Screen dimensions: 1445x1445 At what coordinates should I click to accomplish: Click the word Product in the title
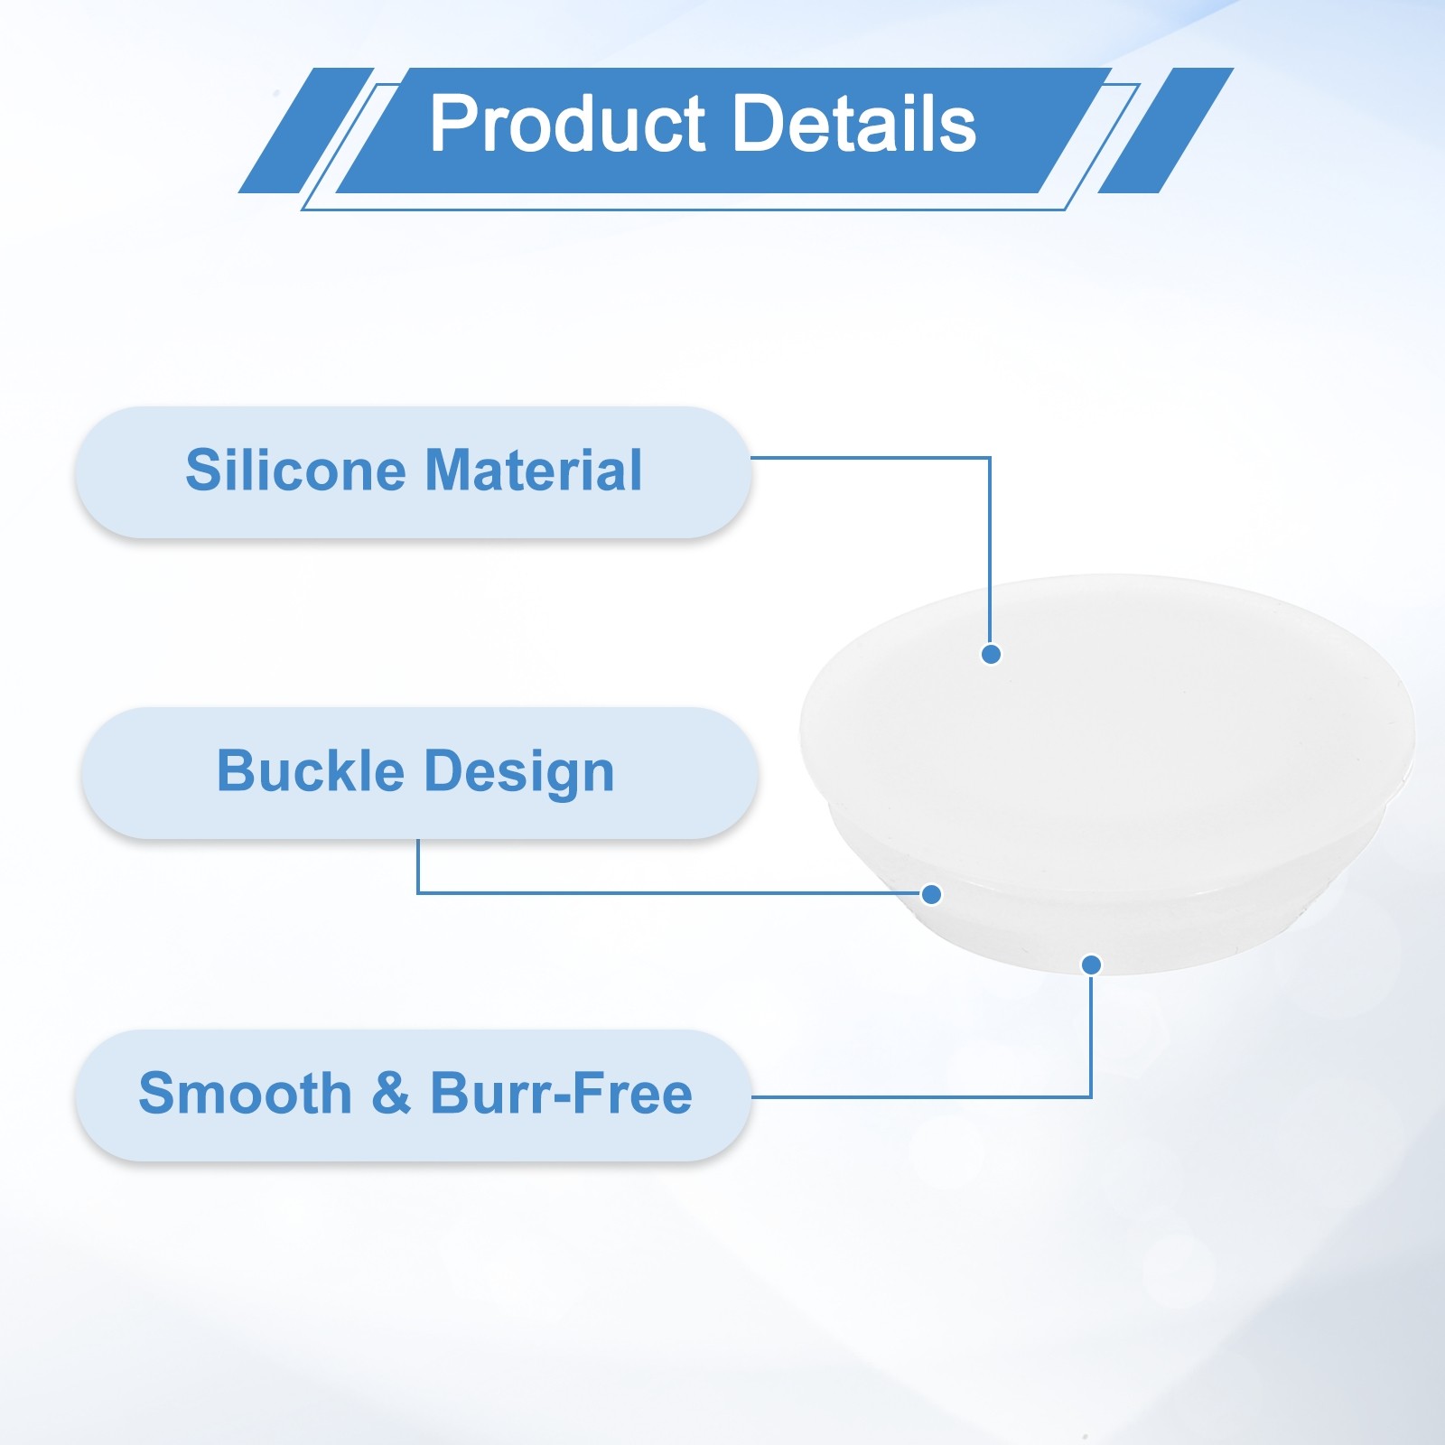coord(567,124)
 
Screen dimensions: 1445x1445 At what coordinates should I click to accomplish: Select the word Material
coord(534,470)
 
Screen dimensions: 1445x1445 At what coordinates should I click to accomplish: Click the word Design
coord(519,773)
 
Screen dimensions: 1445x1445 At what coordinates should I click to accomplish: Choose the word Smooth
coord(245,1093)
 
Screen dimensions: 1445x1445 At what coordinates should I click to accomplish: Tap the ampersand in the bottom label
coord(391,1093)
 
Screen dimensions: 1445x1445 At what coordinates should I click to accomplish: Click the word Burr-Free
coord(561,1093)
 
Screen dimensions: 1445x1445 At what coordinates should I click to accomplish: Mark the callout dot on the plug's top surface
coord(991,654)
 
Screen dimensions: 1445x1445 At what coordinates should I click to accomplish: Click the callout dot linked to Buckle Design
coord(932,894)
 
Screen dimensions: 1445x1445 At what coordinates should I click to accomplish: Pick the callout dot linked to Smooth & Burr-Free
coord(1091,965)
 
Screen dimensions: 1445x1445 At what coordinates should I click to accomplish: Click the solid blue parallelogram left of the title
coord(305,130)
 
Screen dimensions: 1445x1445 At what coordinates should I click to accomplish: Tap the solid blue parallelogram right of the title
coord(1165,130)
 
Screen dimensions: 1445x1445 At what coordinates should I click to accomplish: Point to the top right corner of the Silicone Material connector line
coord(991,458)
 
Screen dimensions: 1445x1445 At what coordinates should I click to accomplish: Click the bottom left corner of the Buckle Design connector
coord(418,893)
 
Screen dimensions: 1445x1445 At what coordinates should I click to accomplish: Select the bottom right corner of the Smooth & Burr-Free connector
coord(1091,1097)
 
